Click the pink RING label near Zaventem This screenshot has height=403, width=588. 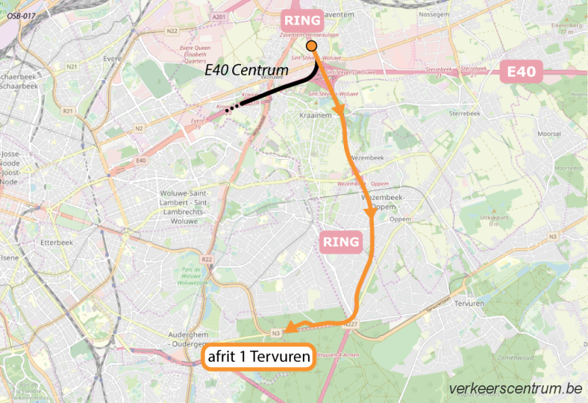[x=304, y=20]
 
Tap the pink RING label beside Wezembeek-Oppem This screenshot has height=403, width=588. [x=340, y=242]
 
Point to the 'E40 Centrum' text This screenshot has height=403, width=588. [x=245, y=71]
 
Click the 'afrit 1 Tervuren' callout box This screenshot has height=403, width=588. [x=258, y=357]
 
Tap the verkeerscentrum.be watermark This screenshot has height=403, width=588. [x=514, y=388]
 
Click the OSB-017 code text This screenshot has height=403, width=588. [x=21, y=14]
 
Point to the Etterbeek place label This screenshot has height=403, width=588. [x=54, y=240]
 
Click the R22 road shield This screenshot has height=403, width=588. [x=207, y=260]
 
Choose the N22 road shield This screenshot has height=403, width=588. [x=172, y=30]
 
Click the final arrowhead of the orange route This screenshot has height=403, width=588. [x=290, y=329]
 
